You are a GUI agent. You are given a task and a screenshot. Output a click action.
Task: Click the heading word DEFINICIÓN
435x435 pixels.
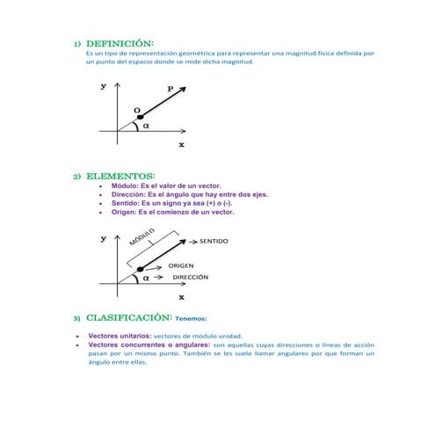point(120,42)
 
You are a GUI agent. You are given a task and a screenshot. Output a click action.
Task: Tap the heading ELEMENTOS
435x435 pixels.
point(120,176)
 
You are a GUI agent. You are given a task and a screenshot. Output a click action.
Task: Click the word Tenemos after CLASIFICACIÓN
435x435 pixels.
point(191,319)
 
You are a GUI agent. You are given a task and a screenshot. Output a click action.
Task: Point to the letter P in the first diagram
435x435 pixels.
point(170,88)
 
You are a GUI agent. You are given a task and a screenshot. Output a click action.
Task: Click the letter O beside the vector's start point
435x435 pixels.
point(136,111)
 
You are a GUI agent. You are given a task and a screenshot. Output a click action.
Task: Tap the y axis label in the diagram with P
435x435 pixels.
point(104,86)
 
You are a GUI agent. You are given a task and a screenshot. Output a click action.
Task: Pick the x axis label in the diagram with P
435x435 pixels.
point(181,145)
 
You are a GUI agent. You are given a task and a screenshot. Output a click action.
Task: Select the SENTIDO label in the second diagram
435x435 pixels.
point(214,240)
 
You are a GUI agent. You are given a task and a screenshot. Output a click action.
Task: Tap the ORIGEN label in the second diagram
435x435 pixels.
point(181,265)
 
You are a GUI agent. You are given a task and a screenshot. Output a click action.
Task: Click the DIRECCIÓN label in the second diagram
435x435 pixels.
point(190,277)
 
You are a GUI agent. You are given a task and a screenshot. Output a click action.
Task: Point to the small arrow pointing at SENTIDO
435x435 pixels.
point(187,240)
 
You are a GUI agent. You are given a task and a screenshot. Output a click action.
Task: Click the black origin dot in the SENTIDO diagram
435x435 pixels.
point(140,269)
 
